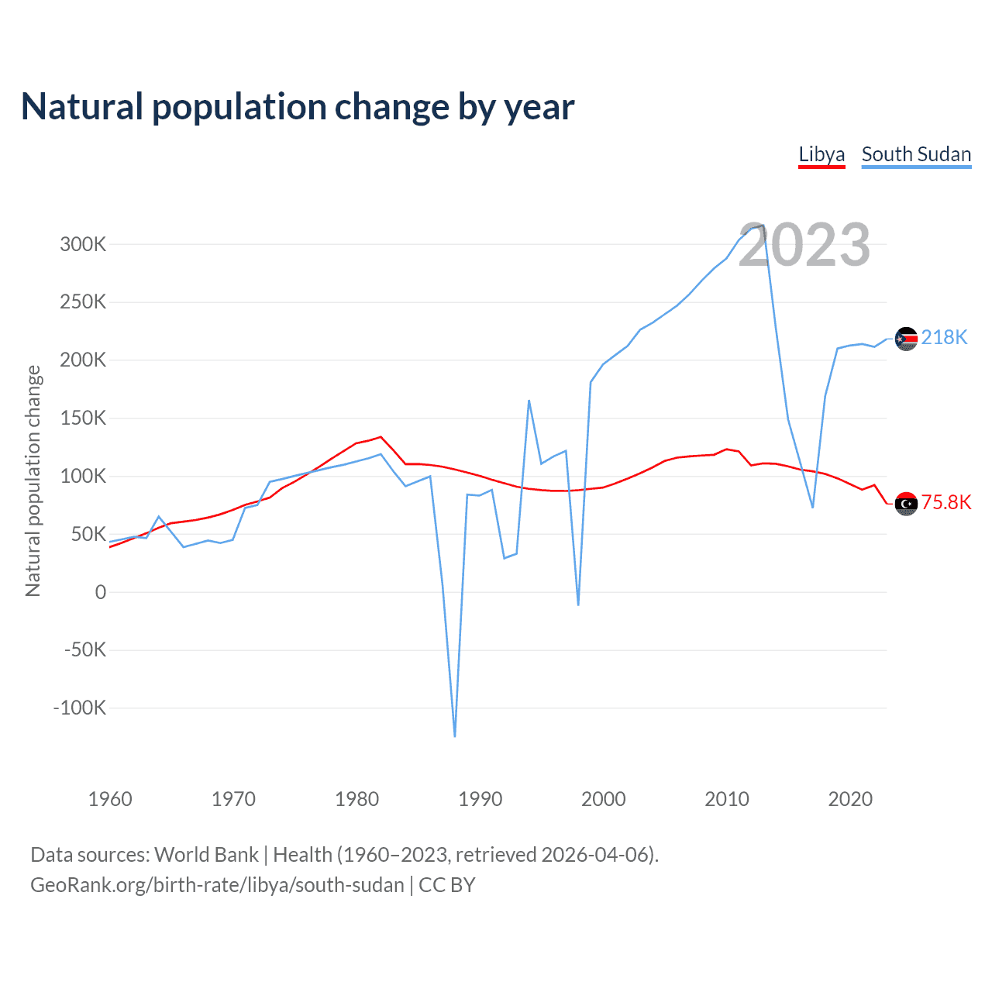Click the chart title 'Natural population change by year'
click(298, 107)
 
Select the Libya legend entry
click(821, 154)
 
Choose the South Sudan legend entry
click(916, 154)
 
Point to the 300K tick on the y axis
click(83, 244)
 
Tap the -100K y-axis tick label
click(79, 708)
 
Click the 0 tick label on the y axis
click(101, 592)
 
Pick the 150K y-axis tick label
click(83, 418)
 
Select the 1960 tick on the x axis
click(110, 799)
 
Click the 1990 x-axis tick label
click(480, 799)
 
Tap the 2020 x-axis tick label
click(850, 799)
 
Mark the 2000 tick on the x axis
click(603, 799)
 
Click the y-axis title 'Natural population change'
click(33, 480)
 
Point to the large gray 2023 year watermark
click(804, 245)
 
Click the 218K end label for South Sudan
click(944, 338)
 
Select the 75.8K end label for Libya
click(945, 503)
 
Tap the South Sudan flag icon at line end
click(906, 339)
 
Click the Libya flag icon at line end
click(906, 504)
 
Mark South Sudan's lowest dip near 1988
click(455, 735)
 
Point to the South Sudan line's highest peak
click(763, 226)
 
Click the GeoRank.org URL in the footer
click(217, 885)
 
